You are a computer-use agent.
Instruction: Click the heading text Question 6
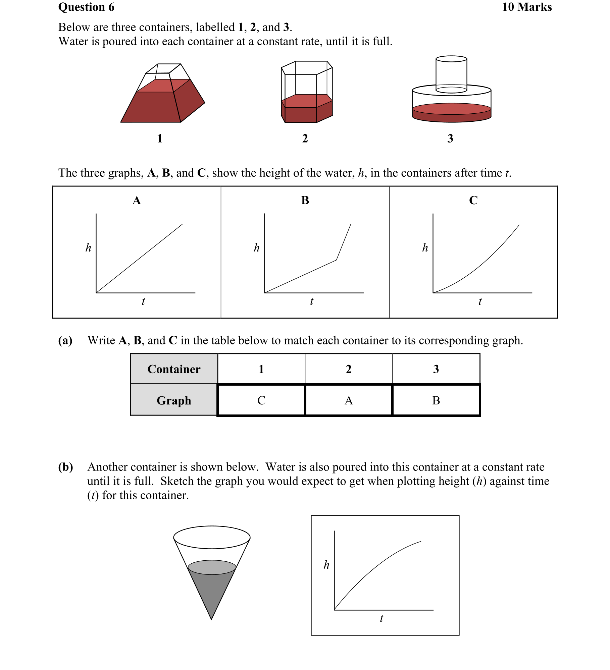(86, 7)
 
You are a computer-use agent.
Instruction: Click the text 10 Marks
(526, 7)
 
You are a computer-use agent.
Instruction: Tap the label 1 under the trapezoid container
(160, 138)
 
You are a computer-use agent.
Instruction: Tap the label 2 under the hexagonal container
(305, 138)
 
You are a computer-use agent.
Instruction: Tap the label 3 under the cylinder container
(450, 138)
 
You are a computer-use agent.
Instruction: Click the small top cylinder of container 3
(451, 74)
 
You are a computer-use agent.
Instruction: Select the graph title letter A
(137, 201)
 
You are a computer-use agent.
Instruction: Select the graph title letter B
(305, 201)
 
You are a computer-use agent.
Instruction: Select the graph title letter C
(473, 201)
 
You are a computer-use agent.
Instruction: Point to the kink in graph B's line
(336, 260)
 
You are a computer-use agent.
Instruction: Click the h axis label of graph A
(88, 248)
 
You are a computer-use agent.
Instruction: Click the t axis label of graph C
(480, 301)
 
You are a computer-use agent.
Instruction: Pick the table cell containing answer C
(261, 400)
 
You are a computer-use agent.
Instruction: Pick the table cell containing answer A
(349, 400)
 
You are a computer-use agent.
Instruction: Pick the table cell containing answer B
(436, 400)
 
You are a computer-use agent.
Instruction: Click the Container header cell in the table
(174, 369)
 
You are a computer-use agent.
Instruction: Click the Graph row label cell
(174, 400)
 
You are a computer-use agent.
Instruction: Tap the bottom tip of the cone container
(211, 619)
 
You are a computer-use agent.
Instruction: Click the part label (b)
(65, 467)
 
